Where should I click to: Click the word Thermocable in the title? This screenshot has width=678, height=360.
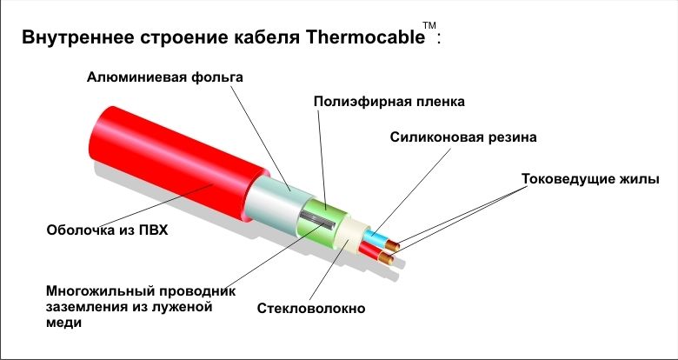(x=365, y=37)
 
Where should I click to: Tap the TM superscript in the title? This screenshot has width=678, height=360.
(x=429, y=25)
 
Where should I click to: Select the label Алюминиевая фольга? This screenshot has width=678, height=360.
(x=165, y=78)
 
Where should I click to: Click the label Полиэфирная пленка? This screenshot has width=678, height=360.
(x=389, y=102)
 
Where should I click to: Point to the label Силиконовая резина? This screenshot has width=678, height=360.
(x=463, y=137)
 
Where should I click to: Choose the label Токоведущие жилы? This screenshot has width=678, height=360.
(x=590, y=179)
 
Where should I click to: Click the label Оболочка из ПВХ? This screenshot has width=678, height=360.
(x=107, y=230)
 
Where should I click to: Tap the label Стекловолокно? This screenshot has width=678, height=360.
(x=311, y=309)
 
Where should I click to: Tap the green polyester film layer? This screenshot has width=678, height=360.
(x=322, y=224)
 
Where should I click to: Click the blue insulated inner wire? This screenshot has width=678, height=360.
(x=375, y=238)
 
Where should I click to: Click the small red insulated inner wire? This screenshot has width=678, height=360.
(x=370, y=251)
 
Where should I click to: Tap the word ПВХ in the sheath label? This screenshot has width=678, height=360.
(x=154, y=230)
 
